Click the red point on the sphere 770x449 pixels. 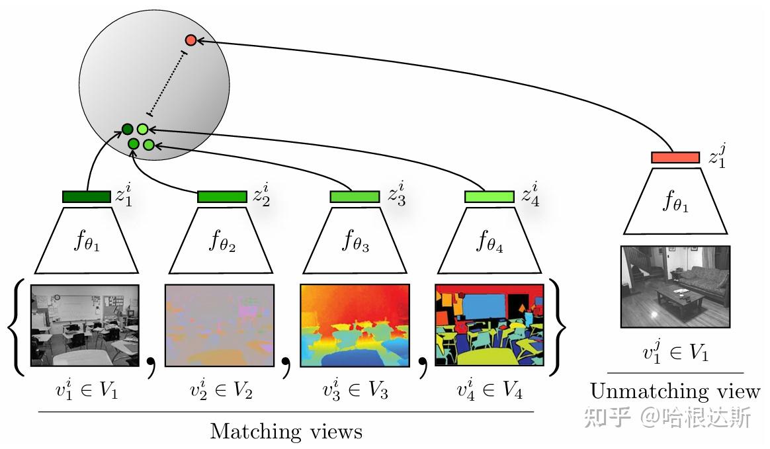pyautogui.click(x=191, y=40)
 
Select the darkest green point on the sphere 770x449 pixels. pyautogui.click(x=127, y=129)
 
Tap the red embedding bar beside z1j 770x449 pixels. pyautogui.click(x=675, y=157)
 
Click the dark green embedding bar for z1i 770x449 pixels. pyautogui.click(x=87, y=197)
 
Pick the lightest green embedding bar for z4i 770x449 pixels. pyautogui.click(x=489, y=197)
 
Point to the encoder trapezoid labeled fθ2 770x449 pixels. pyautogui.click(x=221, y=241)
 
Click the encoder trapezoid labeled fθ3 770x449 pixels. pyautogui.click(x=355, y=241)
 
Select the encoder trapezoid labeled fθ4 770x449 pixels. pyautogui.click(x=490, y=241)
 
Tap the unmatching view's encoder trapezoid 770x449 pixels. pyautogui.click(x=675, y=201)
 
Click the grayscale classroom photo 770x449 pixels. pyautogui.click(x=85, y=325)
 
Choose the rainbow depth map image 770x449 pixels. pyautogui.click(x=355, y=325)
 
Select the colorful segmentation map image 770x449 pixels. pyautogui.click(x=490, y=325)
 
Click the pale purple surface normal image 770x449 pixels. pyautogui.click(x=220, y=325)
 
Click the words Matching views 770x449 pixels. pyautogui.click(x=286, y=431)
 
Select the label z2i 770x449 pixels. pyautogui.click(x=261, y=194)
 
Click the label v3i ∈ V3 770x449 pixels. pyautogui.click(x=355, y=389)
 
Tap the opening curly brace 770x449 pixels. pyautogui.click(x=16, y=327)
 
